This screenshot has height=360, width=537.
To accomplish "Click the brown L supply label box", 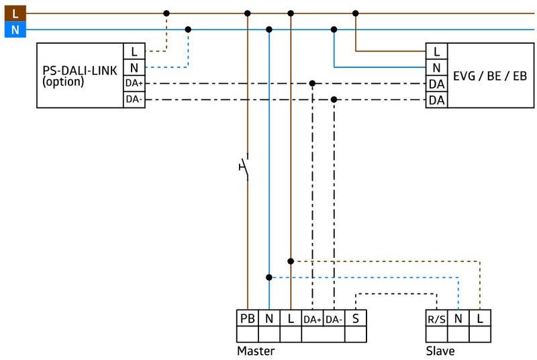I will tap(15, 13).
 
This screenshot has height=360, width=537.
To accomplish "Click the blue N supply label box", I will tap(15, 30).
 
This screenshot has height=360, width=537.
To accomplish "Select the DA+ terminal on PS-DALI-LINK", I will tap(134, 83).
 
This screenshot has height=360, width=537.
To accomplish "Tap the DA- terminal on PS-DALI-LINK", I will tap(134, 99).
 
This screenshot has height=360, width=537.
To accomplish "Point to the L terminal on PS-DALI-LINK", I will tap(134, 51).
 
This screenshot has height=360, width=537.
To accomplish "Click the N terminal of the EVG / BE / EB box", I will tap(437, 67).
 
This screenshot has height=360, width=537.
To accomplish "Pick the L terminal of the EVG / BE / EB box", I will tap(437, 51).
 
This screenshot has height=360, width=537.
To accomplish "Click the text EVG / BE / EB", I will tap(490, 76).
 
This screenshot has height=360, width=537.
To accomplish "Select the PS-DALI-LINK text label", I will tap(79, 71).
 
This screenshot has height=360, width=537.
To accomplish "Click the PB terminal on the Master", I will tap(247, 318).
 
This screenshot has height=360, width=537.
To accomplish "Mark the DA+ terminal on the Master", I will tap(312, 318).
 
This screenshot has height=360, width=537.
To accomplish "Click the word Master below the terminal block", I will tap(256, 351).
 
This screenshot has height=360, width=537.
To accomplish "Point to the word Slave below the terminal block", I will tap(440, 351).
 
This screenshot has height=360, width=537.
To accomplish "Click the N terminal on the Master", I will tap(268, 318).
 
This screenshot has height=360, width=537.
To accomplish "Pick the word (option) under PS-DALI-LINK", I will tap(63, 82).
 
